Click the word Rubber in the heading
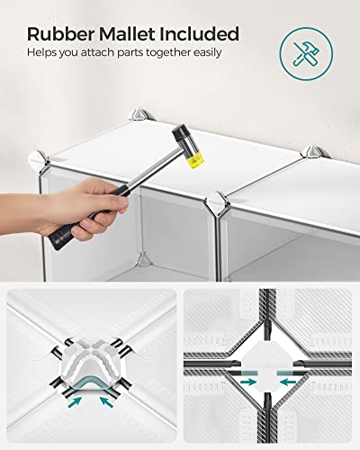[x=61, y=34]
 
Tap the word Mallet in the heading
[x=128, y=34]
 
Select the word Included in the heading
[x=200, y=34]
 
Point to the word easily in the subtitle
[x=207, y=53]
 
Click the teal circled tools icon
[x=306, y=54]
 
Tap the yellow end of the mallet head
[x=195, y=162]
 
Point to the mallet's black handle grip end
[x=58, y=240]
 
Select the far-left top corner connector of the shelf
[x=39, y=160]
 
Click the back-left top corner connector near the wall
[x=139, y=114]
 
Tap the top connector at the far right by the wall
[x=314, y=152]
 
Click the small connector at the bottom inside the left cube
[x=143, y=259]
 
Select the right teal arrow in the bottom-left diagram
[x=106, y=401]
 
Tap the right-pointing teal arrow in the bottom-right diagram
[x=248, y=382]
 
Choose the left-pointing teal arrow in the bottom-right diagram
[x=288, y=382]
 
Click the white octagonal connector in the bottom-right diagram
[x=267, y=367]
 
